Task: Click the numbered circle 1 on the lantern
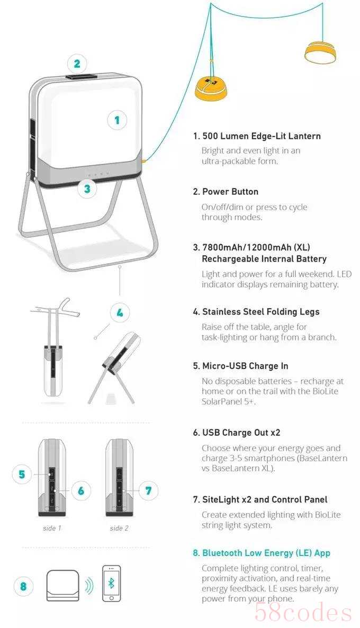click(117, 120)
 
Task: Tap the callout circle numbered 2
click(77, 64)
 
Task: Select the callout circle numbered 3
click(87, 188)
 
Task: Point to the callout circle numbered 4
click(120, 313)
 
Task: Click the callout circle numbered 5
click(22, 474)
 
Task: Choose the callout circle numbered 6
click(82, 491)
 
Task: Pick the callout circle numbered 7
click(148, 491)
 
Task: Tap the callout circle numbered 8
click(23, 586)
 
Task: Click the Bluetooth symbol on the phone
click(111, 583)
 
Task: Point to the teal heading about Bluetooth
click(262, 553)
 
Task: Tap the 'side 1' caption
click(52, 528)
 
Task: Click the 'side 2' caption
click(119, 528)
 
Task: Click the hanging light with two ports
click(211, 88)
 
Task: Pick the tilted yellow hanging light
click(320, 52)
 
